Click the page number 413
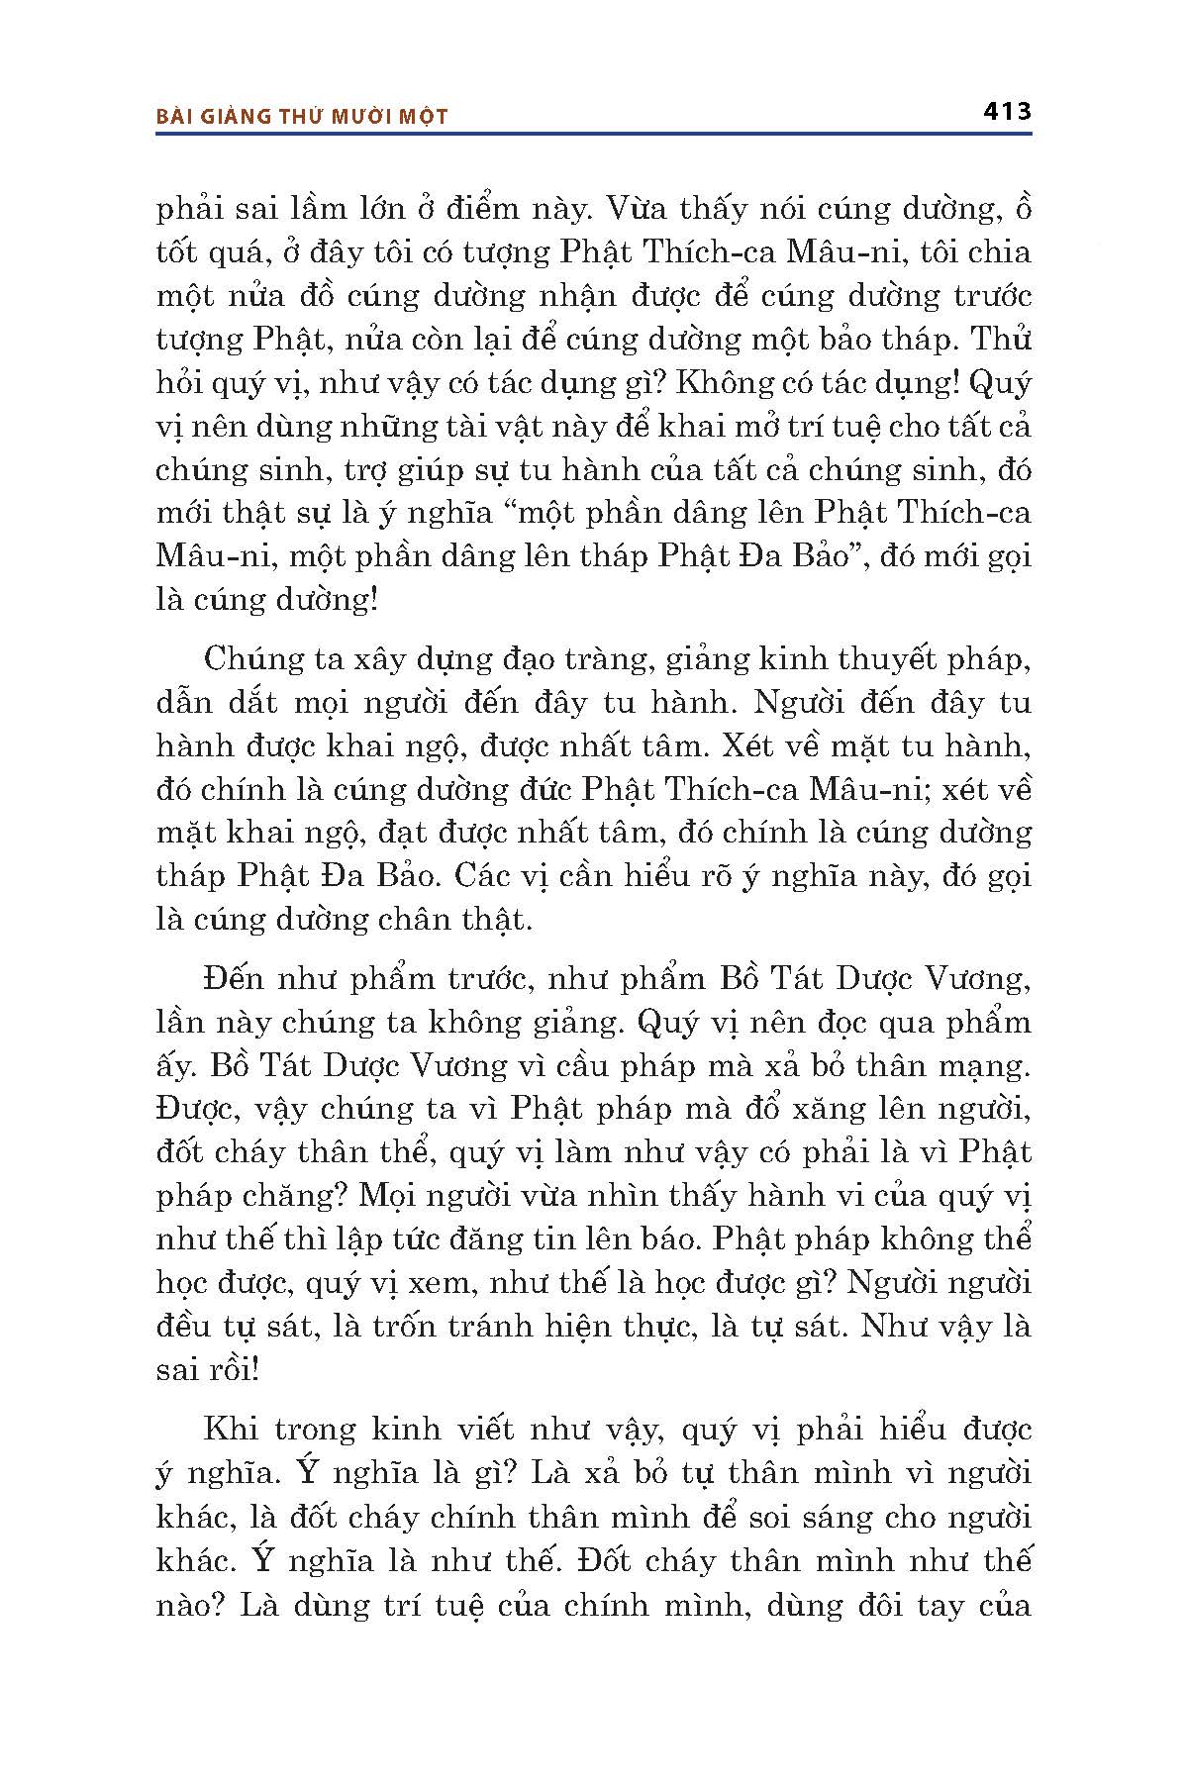click(x=1007, y=111)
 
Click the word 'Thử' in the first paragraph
click(x=1002, y=340)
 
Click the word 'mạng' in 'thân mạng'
click(x=983, y=1066)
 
